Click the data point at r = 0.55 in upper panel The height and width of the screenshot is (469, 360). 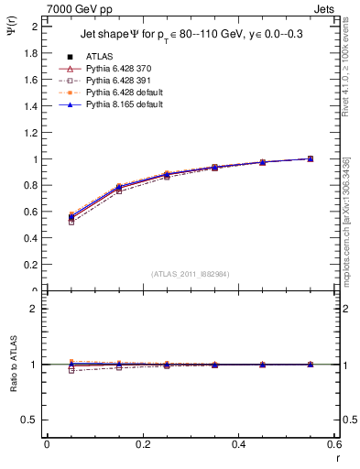[311, 158]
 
